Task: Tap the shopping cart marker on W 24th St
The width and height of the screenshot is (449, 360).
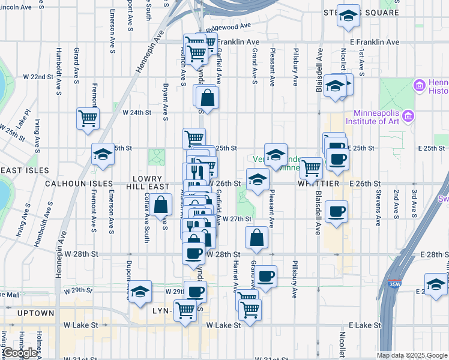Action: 88,118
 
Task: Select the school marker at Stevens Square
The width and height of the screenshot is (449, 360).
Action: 348,16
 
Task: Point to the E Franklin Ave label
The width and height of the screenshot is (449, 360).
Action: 374,42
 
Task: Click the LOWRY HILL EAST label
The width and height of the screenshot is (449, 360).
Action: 143,183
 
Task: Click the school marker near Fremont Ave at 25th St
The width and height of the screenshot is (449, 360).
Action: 103,154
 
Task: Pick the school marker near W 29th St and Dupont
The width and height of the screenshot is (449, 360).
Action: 140,292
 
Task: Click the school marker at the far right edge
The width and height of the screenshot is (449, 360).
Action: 436,284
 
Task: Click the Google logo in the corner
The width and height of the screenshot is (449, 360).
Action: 19,353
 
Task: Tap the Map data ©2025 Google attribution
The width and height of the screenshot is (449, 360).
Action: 412,355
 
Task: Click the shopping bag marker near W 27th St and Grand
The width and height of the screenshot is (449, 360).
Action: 256,237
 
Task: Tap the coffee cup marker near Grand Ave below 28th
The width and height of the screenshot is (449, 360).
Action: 266,277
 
